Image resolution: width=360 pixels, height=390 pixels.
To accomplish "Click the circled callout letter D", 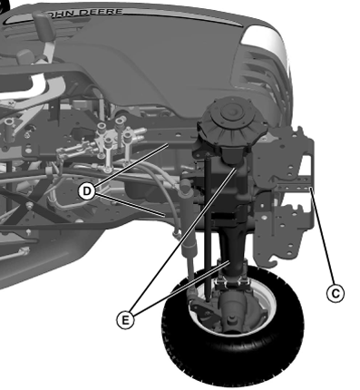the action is coord(87,191).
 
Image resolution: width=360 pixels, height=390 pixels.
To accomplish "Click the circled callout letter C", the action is coord(336,293).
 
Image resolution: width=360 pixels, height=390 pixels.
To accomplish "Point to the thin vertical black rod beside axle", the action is coord(207,227).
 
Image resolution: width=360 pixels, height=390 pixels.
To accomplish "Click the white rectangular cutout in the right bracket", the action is coord(306,165).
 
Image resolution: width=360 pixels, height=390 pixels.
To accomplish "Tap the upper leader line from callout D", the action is coord(132,166).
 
